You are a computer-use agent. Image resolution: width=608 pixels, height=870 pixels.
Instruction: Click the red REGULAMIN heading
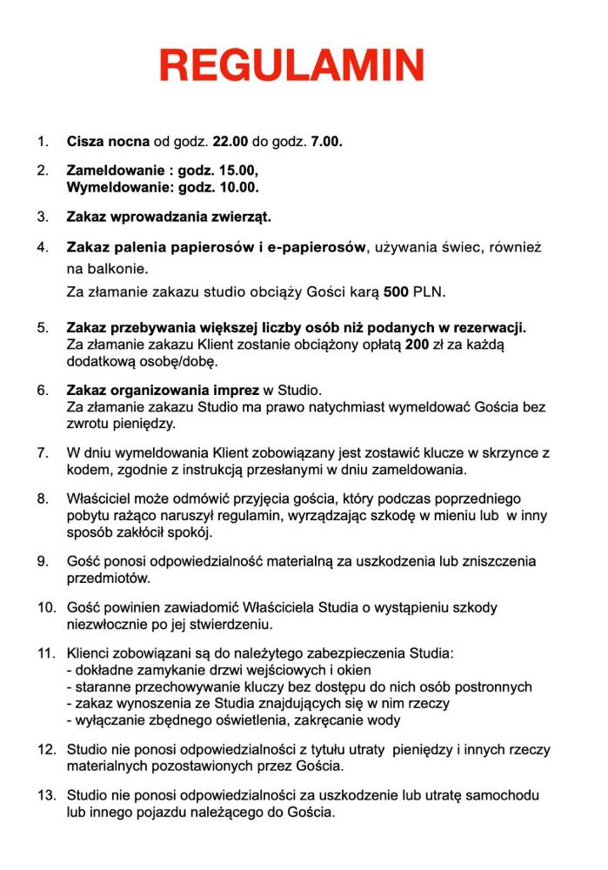tap(292, 65)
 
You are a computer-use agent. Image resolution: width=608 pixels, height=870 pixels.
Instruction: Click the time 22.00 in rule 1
tap(231, 140)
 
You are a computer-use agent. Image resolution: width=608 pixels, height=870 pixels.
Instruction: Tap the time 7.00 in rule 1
tap(326, 140)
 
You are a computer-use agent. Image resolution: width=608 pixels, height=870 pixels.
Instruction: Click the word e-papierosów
tap(317, 247)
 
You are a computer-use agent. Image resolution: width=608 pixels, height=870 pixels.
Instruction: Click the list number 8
tap(42, 499)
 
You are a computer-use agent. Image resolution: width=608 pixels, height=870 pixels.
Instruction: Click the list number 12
tap(45, 749)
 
